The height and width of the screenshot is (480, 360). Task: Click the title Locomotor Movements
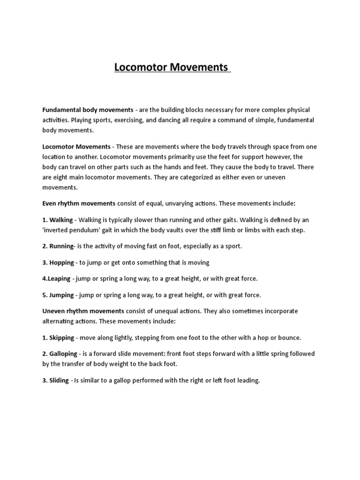(x=172, y=67)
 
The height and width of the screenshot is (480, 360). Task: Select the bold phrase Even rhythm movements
(x=79, y=203)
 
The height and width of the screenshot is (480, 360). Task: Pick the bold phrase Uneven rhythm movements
(x=83, y=311)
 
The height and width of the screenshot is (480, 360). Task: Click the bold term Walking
(x=61, y=219)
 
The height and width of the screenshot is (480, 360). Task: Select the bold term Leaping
(x=60, y=278)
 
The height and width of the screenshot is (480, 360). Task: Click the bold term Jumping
(x=61, y=295)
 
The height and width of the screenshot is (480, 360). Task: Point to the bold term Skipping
(x=61, y=337)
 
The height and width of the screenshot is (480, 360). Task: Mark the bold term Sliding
(x=59, y=380)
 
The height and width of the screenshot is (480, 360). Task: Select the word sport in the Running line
(x=232, y=246)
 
